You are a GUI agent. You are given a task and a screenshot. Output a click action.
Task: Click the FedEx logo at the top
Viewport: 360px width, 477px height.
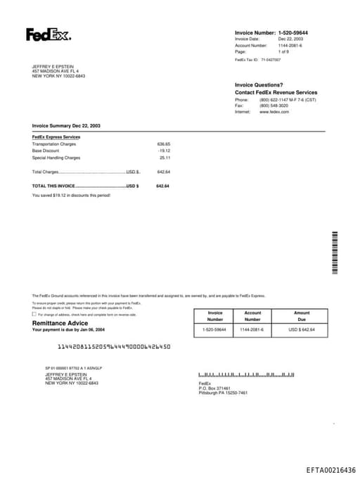[x=48, y=34]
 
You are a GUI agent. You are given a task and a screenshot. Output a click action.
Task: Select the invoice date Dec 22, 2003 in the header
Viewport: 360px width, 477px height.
[x=290, y=39]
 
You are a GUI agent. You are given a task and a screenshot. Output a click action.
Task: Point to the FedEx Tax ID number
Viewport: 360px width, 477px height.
[x=271, y=60]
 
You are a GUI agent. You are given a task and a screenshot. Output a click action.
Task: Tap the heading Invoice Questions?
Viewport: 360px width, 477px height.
[x=259, y=85]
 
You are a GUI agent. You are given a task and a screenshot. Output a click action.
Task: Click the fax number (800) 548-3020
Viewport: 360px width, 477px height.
[x=274, y=106]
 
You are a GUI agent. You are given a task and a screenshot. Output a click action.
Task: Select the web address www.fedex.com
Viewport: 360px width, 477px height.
[x=274, y=112]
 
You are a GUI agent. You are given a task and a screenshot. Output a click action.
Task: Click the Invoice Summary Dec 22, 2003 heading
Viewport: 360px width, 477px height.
[x=66, y=125]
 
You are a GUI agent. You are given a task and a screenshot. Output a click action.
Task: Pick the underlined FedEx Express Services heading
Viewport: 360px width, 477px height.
[x=56, y=136]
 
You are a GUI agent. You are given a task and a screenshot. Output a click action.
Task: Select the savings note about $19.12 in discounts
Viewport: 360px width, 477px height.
[x=71, y=195]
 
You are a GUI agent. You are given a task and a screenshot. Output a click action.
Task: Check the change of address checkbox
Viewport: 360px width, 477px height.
[x=34, y=314]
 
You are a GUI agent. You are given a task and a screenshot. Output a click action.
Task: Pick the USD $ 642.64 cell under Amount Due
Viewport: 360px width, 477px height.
[x=302, y=329]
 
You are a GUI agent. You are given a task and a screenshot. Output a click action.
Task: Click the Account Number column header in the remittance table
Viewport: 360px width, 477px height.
[x=252, y=316]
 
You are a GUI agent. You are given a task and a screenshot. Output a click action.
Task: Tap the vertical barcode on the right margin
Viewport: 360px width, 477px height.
[x=335, y=253]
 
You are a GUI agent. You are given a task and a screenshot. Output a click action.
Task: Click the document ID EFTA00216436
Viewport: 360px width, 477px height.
[x=330, y=470]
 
